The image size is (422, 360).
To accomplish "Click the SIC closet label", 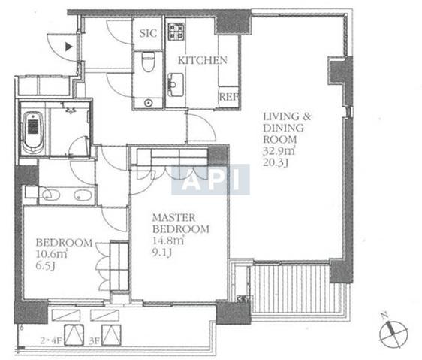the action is (x=148, y=33).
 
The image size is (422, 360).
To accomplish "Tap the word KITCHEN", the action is (x=203, y=60).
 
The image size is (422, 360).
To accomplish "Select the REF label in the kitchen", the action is (x=229, y=97).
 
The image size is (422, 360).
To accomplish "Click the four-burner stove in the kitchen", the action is (x=176, y=32).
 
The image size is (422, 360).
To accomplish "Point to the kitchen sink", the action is (x=176, y=85).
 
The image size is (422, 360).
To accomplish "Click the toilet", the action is (x=148, y=62).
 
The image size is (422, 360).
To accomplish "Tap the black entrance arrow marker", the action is (x=69, y=47).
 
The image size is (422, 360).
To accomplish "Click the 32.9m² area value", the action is (x=279, y=151).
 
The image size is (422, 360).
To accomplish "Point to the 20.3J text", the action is (x=276, y=163).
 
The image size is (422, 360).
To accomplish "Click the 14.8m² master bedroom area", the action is (x=168, y=241).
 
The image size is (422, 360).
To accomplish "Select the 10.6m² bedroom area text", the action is (x=51, y=254).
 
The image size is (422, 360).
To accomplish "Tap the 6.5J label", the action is (x=45, y=266).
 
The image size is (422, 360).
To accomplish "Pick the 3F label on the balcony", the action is (x=94, y=341).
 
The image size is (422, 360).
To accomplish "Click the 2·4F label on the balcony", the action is (x=51, y=341).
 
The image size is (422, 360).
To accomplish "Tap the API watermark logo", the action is (x=210, y=180).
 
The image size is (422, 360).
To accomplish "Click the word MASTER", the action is (x=174, y=217).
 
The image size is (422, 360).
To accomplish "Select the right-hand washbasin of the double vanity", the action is (x=83, y=195).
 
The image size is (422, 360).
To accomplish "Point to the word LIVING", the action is (x=281, y=116).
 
